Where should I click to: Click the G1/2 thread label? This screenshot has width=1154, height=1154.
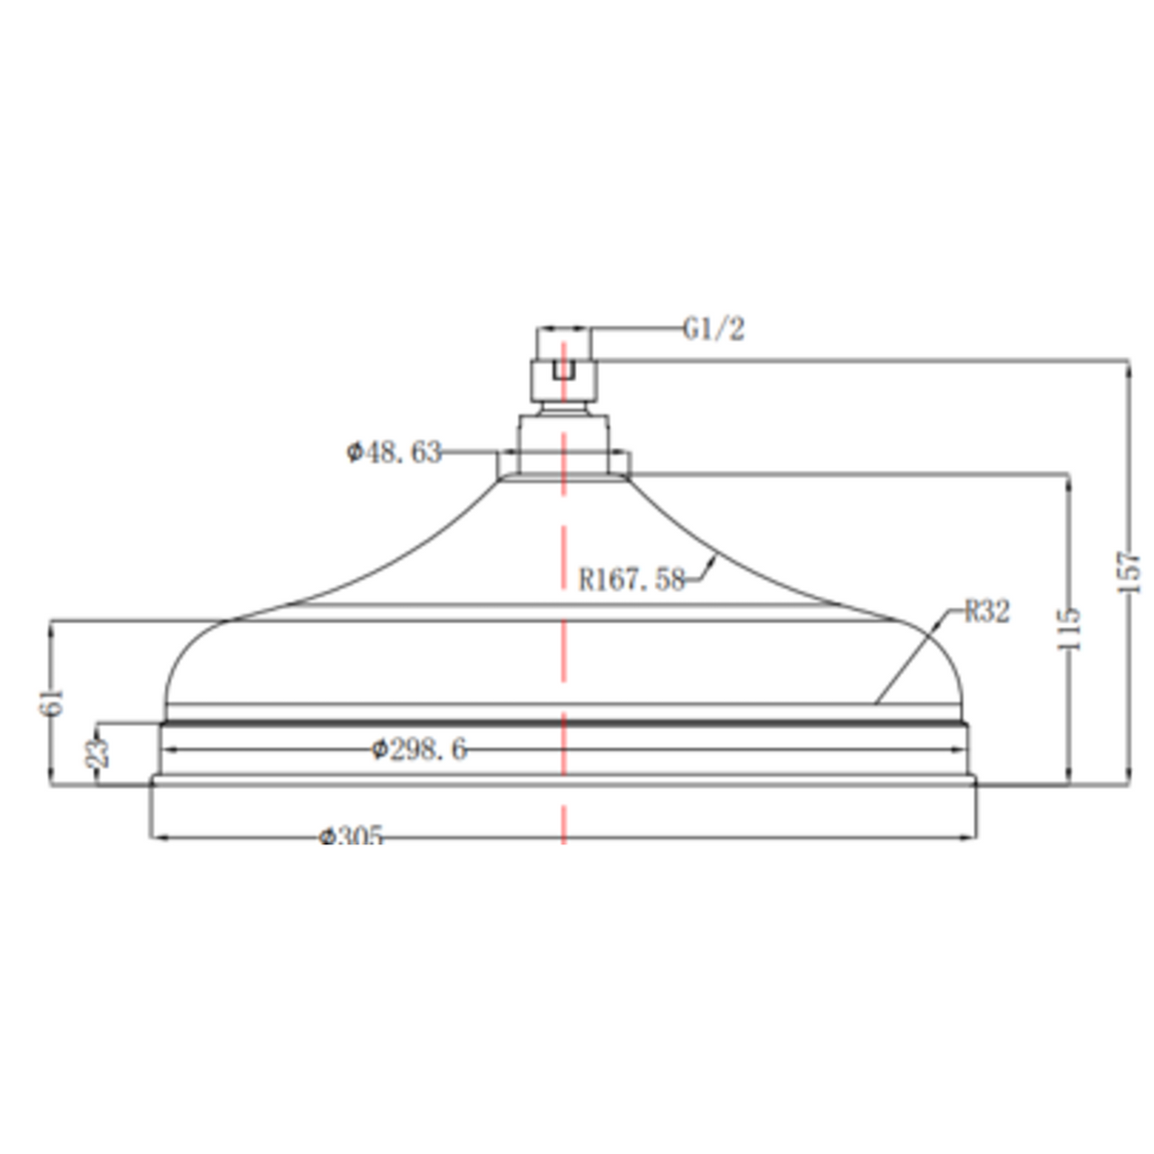(x=714, y=329)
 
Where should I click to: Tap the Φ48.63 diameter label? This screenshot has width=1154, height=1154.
(x=393, y=452)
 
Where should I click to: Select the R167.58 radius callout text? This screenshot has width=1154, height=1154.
(x=631, y=579)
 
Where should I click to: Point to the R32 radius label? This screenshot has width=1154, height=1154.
(x=987, y=612)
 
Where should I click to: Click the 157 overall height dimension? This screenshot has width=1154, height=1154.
(x=1128, y=572)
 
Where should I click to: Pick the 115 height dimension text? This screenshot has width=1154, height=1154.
(x=1069, y=629)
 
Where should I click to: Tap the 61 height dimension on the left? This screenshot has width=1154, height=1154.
(x=51, y=701)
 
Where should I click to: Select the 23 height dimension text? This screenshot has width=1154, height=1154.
(x=98, y=753)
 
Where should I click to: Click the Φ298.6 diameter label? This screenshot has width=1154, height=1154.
(x=418, y=749)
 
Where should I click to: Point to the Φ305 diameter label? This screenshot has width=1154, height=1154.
(x=350, y=835)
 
